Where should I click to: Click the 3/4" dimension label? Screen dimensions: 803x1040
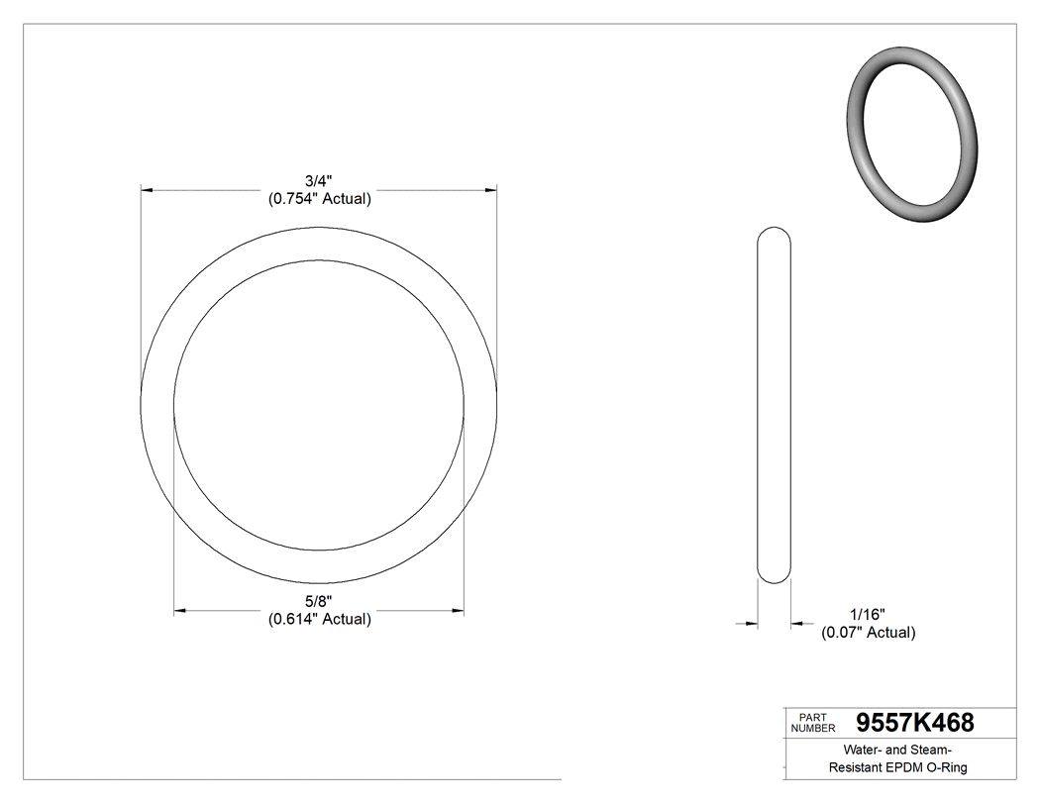coord(319,181)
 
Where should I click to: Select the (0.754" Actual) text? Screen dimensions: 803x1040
coord(319,199)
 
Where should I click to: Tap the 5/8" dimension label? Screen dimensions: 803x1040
coord(319,602)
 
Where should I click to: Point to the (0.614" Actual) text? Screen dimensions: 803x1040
coord(319,620)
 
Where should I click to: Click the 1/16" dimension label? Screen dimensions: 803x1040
coord(868,615)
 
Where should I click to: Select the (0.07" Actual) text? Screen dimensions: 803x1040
coord(868,633)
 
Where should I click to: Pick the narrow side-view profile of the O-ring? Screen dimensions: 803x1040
coord(775,405)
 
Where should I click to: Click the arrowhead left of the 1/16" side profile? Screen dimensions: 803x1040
coord(752,624)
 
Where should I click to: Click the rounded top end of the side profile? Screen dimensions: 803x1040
coord(775,235)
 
